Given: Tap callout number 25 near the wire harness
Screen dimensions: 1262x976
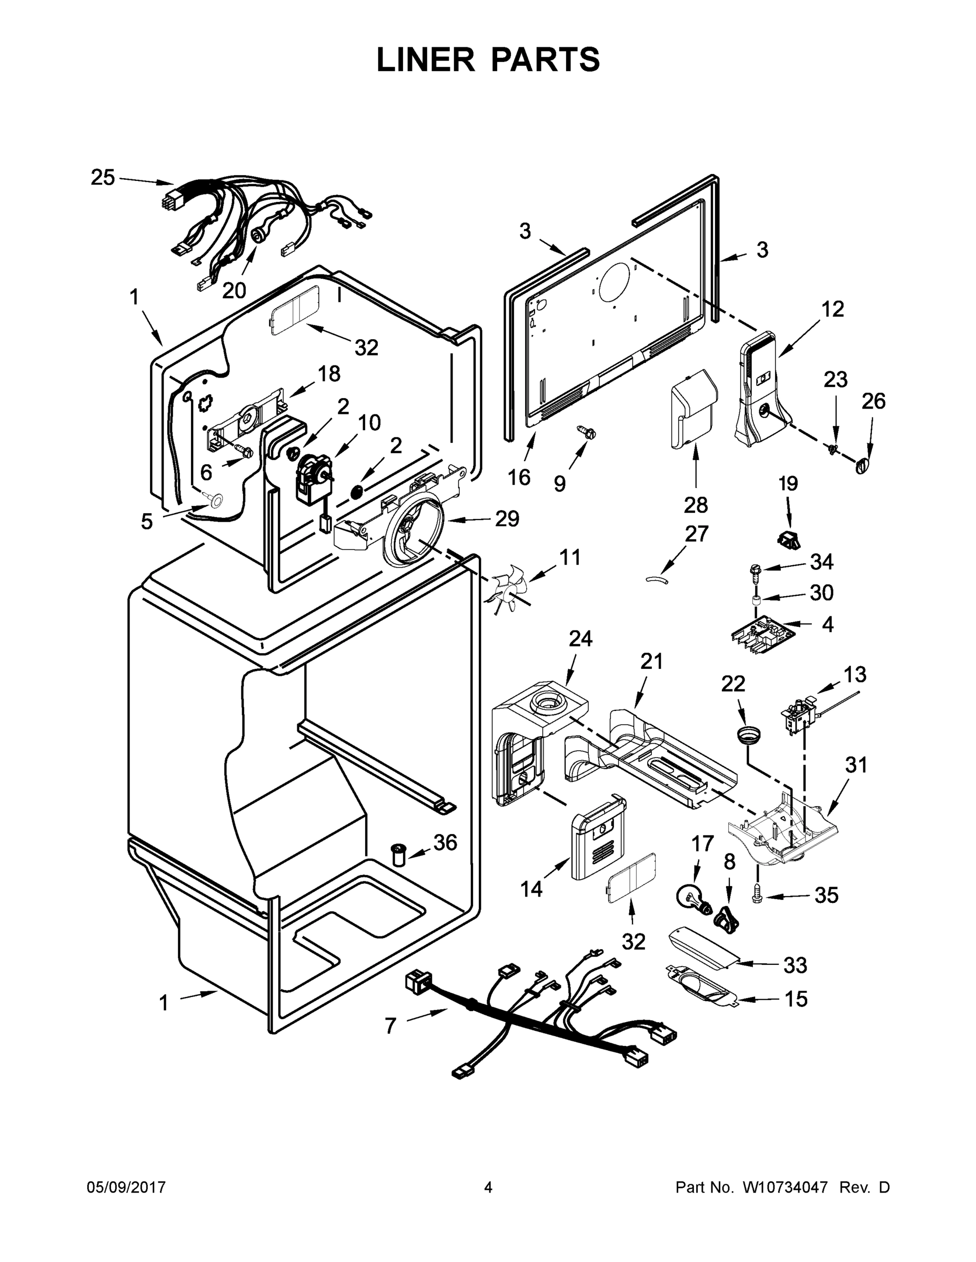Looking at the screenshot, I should pos(103,177).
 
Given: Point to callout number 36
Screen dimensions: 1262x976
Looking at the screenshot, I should pos(445,842).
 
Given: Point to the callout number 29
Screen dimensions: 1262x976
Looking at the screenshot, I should pos(507,518).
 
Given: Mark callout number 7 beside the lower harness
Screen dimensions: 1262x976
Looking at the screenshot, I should pos(390,1026).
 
